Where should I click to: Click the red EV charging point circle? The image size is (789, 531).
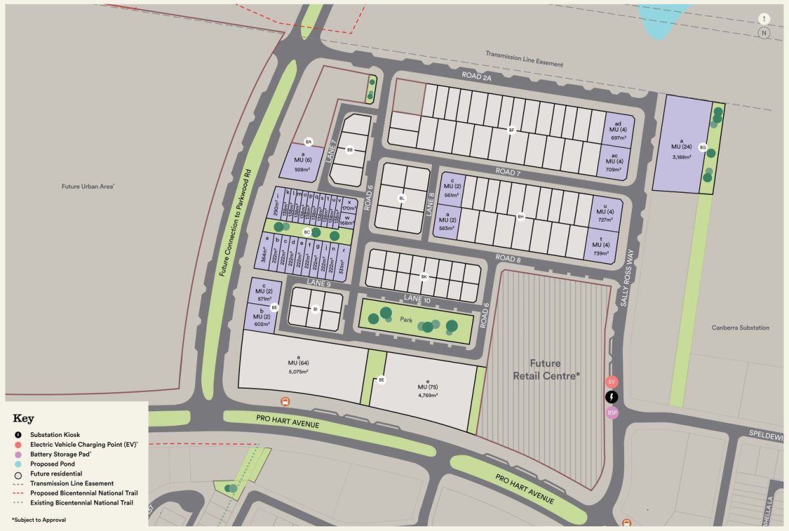(x=611, y=382)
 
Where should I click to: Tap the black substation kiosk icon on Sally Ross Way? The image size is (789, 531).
(x=611, y=397)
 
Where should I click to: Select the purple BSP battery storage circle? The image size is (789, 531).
(x=611, y=413)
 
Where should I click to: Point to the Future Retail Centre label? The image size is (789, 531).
(x=546, y=369)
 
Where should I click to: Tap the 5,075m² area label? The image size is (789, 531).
(x=298, y=371)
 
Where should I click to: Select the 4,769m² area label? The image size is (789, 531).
(x=427, y=395)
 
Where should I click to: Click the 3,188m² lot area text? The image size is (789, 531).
(x=682, y=157)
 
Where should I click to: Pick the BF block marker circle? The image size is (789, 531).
(x=512, y=130)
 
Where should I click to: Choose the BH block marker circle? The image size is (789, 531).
(x=521, y=216)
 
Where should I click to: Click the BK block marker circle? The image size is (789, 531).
(x=424, y=277)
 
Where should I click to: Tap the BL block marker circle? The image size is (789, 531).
(x=402, y=198)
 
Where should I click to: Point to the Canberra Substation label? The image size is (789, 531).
(x=740, y=328)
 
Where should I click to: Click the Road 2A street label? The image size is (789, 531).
(x=477, y=76)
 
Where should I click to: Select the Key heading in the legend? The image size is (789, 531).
(x=23, y=418)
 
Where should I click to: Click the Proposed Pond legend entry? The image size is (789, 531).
(x=53, y=463)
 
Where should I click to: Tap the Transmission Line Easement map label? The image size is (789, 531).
(x=524, y=59)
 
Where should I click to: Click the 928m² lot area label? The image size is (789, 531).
(x=302, y=170)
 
